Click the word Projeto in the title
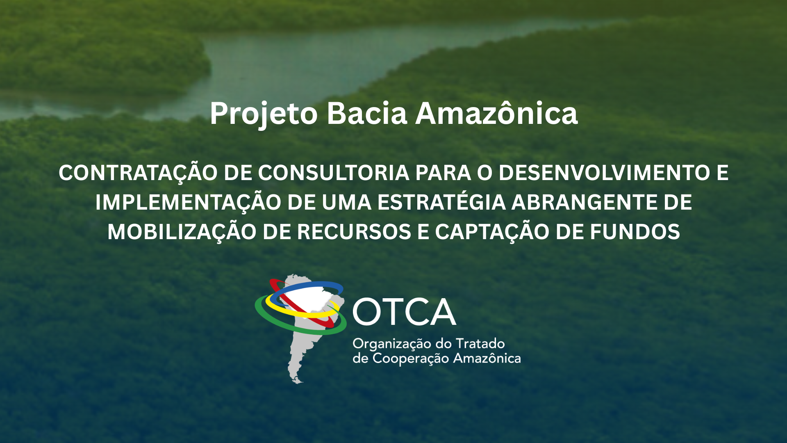264,114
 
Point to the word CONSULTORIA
333,173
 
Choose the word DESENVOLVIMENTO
604,173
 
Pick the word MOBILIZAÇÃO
182,233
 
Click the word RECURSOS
354,232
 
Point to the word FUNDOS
635,232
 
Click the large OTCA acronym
404,312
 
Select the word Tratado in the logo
480,343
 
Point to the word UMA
346,202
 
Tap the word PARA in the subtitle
443,173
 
